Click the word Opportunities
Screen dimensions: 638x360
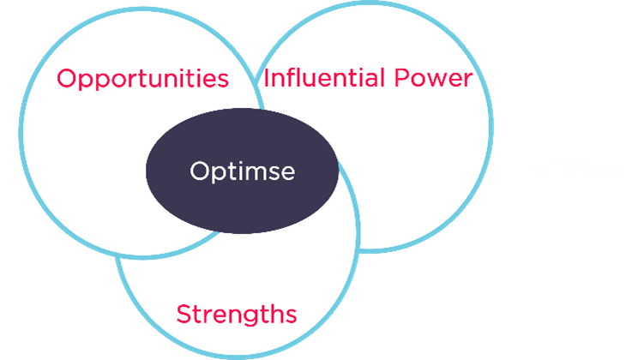point(143,79)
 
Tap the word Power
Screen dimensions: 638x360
point(433,78)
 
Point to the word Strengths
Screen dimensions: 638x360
point(237,315)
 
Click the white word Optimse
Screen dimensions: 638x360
point(242,171)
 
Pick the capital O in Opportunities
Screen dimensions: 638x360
point(67,78)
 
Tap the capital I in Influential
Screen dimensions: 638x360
point(265,78)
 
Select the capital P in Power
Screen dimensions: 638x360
point(402,78)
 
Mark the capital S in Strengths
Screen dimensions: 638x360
point(184,314)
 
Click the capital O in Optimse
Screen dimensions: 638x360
point(200,171)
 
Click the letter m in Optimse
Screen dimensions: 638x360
point(255,174)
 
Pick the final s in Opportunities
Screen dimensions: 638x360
point(222,81)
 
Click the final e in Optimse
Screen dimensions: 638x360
point(287,174)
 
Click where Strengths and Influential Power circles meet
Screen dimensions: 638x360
point(358,247)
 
